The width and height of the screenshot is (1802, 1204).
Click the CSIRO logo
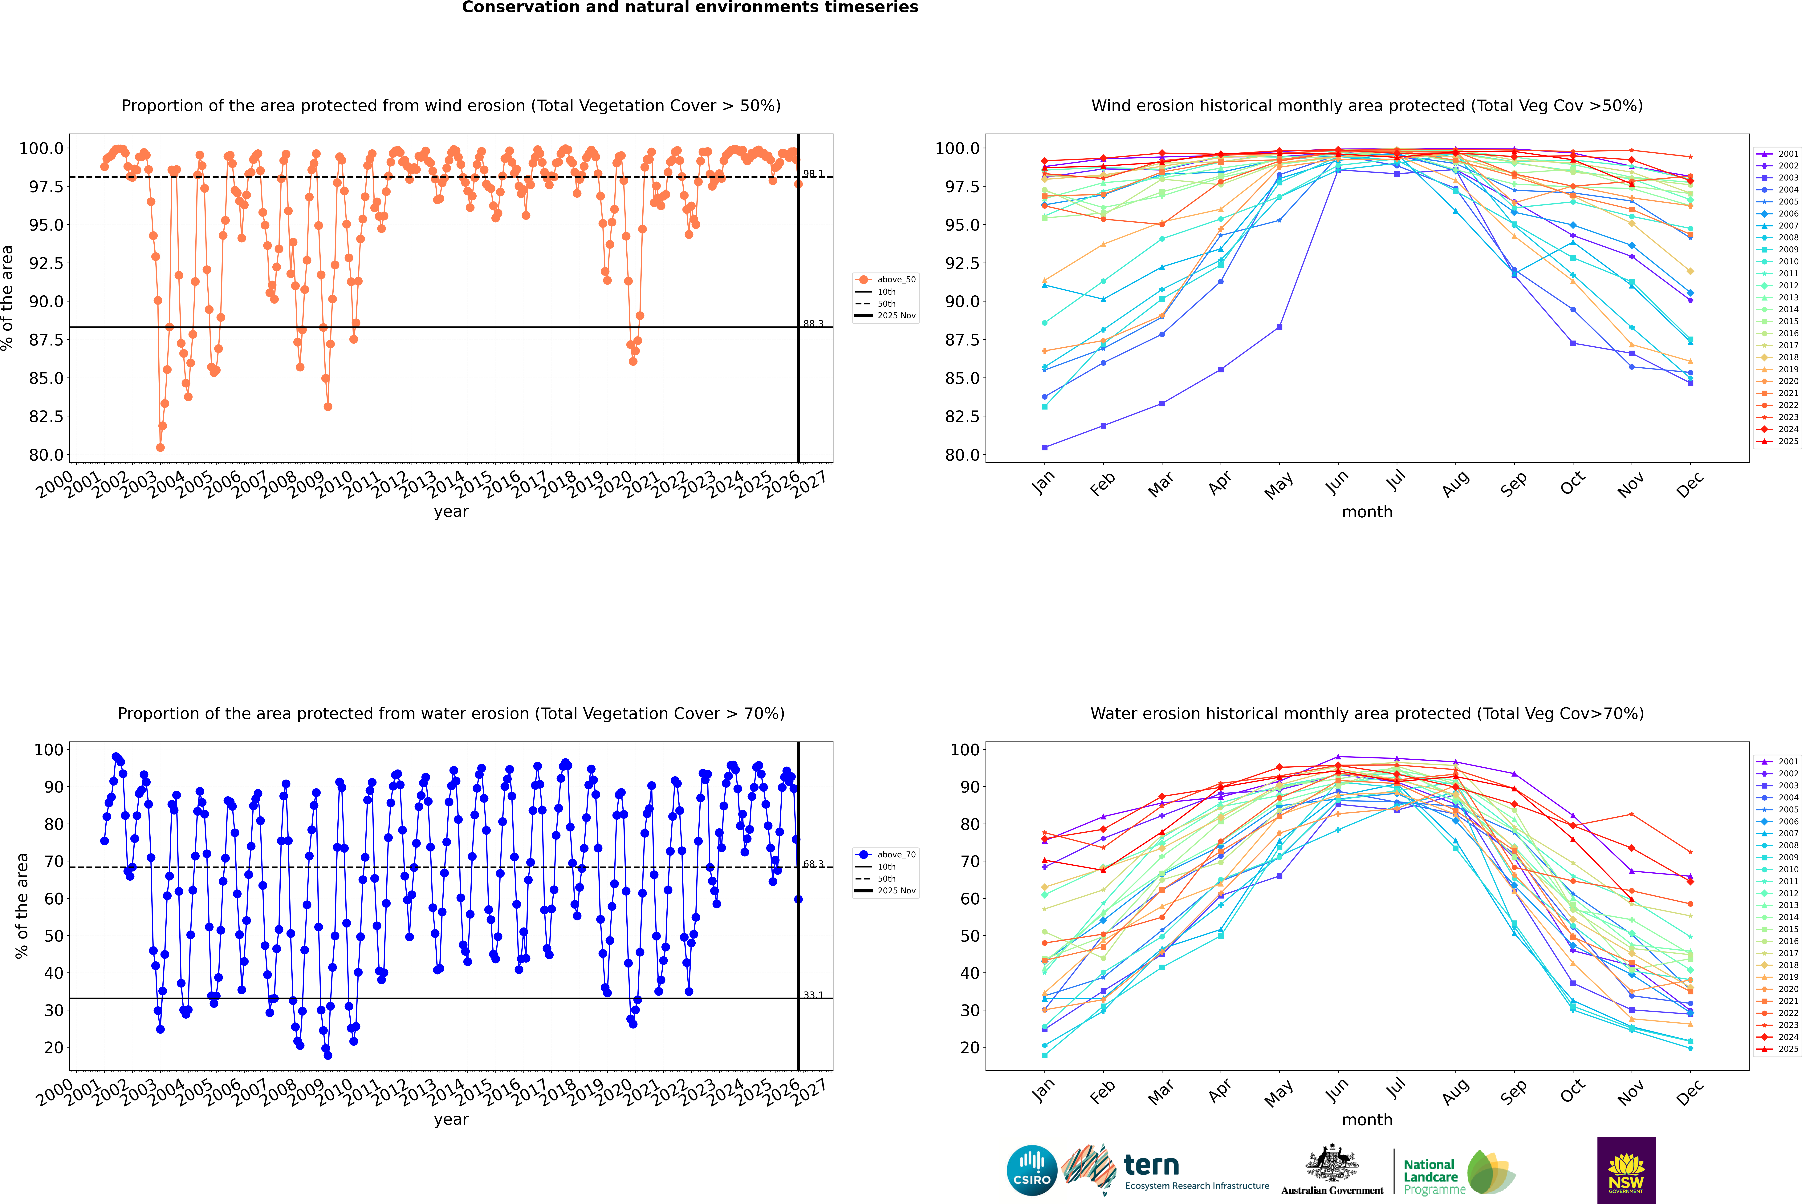(1032, 1170)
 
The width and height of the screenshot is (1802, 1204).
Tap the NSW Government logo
(1626, 1170)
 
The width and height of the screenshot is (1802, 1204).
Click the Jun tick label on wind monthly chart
(1336, 482)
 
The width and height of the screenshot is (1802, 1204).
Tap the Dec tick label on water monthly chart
(1690, 1091)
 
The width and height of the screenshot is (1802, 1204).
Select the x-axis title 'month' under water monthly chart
(1366, 1120)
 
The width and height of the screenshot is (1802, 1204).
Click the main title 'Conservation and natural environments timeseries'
(690, 8)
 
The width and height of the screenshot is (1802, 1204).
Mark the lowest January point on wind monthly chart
(1045, 447)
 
